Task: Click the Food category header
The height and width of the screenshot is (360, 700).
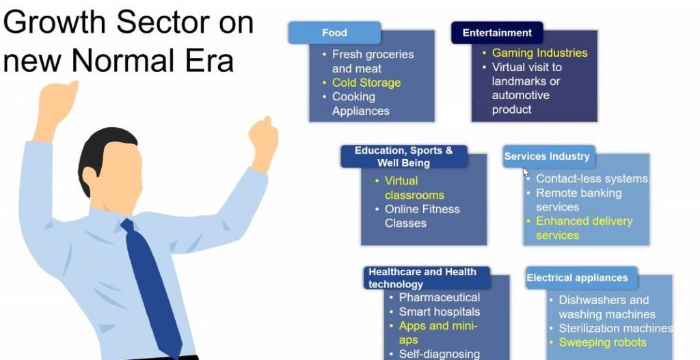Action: [x=334, y=33]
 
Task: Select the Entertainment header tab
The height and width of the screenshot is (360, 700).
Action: [x=497, y=33]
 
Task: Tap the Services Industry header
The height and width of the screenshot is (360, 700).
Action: [x=549, y=156]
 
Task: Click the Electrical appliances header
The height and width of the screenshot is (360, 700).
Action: [x=581, y=277]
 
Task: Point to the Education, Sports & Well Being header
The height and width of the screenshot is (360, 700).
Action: [x=403, y=156]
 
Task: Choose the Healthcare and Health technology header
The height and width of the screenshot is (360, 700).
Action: [x=427, y=277]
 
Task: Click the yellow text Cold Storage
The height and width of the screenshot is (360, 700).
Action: [x=366, y=83]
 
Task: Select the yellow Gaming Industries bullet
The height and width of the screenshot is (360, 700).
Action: [x=540, y=53]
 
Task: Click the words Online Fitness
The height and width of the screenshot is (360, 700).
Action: [x=422, y=209]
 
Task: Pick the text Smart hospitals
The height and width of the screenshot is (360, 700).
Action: [x=440, y=311]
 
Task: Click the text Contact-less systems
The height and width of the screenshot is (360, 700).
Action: [x=593, y=178]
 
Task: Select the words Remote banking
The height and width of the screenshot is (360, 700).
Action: [x=578, y=193]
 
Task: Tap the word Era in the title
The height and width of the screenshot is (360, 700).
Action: [x=210, y=60]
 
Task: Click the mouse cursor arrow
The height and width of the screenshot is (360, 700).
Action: [x=526, y=173]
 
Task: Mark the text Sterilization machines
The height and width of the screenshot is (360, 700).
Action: [x=616, y=329]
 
